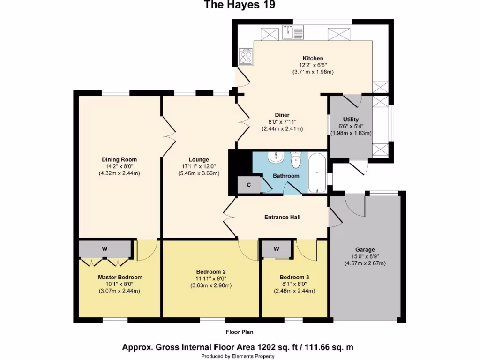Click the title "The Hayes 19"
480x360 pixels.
[239, 6]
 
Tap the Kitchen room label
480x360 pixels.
[313, 58]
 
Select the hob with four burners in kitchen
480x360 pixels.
[246, 57]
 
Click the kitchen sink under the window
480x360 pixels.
[295, 32]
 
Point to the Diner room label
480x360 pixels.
[282, 115]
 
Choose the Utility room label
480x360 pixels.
[351, 120]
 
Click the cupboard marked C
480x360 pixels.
[248, 185]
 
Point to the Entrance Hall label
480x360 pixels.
[282, 217]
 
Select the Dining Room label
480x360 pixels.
[120, 159]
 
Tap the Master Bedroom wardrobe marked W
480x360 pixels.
[105, 248]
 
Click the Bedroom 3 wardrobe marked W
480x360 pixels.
[276, 248]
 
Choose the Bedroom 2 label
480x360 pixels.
[211, 272]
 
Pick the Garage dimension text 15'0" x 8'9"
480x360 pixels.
[365, 257]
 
